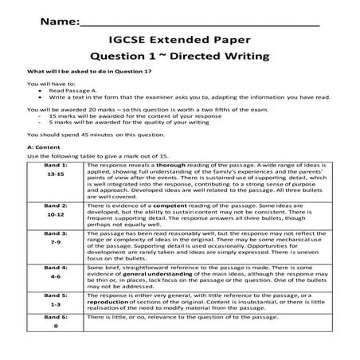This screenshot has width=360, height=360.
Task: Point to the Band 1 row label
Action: (57, 164)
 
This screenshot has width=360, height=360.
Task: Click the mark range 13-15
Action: (57, 173)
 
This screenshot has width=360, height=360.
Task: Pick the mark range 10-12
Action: (57, 215)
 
